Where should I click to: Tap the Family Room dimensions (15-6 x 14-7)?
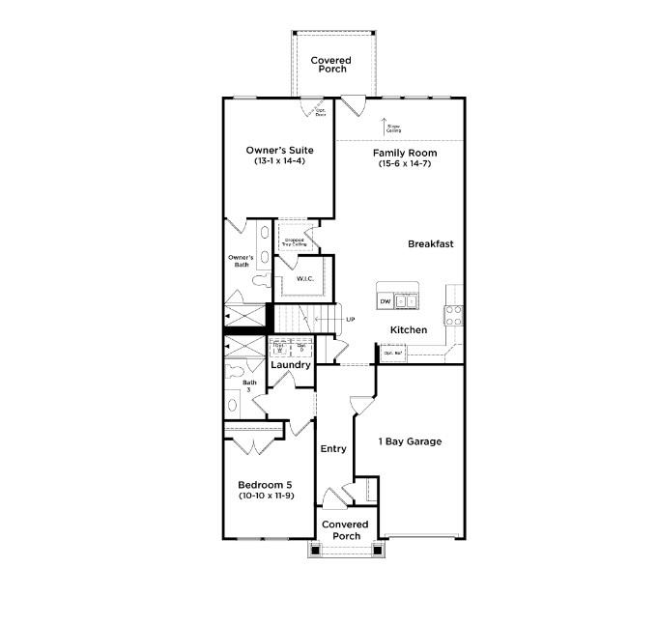tap(405, 164)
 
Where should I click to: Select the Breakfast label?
tap(430, 244)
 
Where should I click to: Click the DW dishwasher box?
tap(385, 301)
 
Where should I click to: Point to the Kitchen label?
tap(408, 330)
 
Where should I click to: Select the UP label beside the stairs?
tap(350, 319)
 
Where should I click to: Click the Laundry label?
tap(290, 365)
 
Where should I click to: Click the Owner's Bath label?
tap(241, 260)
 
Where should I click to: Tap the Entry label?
tap(332, 448)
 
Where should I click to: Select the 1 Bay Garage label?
tap(410, 441)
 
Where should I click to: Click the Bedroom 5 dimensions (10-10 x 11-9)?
tap(266, 496)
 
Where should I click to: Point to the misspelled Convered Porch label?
tap(346, 530)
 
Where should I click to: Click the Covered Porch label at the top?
tap(330, 65)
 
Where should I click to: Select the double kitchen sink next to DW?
tap(407, 301)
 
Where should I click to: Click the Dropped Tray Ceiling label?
tap(294, 242)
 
